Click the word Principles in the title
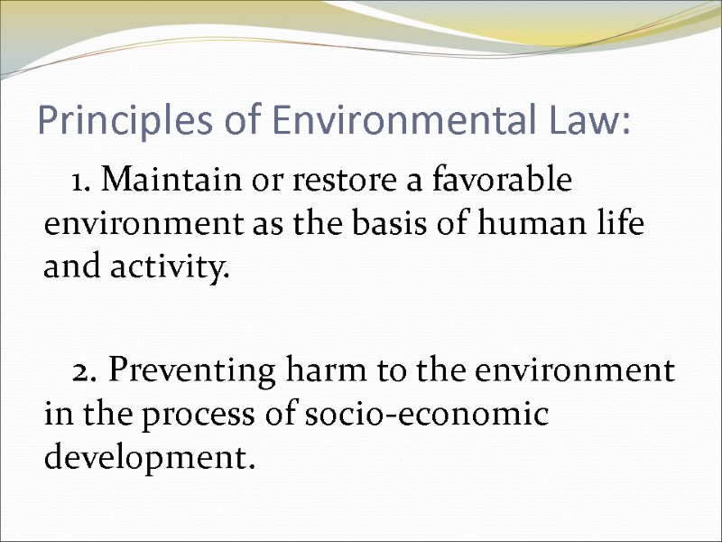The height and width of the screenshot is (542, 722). (x=108, y=121)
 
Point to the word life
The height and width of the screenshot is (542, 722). (x=622, y=225)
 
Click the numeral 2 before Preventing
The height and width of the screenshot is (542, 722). (x=83, y=371)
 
